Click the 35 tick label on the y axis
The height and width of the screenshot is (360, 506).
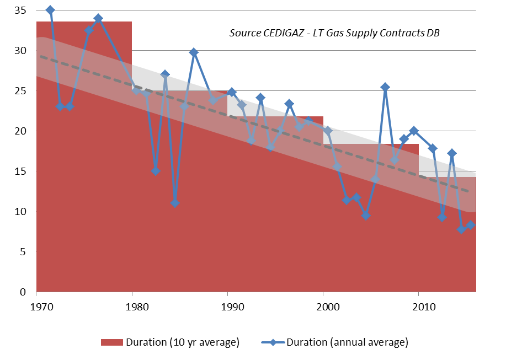[20, 10]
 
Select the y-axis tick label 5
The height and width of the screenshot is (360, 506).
[23, 252]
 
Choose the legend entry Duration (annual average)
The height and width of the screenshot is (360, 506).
[347, 342]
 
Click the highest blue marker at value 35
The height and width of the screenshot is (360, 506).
[50, 10]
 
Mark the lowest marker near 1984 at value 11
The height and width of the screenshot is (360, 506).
[175, 203]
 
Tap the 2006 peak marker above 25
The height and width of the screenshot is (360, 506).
[385, 87]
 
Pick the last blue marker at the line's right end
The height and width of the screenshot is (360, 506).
[471, 225]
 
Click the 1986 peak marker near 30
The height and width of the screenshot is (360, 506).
[194, 52]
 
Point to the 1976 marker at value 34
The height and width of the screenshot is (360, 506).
[98, 18]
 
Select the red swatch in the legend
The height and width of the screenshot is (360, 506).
[111, 342]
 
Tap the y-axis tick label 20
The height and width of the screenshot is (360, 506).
[20, 131]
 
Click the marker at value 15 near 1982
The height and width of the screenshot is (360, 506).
[156, 171]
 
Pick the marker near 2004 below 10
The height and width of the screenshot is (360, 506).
[366, 216]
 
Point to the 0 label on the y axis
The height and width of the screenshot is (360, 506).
[23, 292]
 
